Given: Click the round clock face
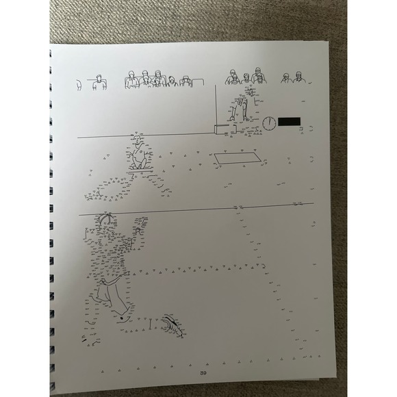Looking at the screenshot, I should [x=268, y=123].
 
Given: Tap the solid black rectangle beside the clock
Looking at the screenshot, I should [x=288, y=121].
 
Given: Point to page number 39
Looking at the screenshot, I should [x=203, y=372].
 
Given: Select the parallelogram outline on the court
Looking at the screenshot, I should [x=237, y=159].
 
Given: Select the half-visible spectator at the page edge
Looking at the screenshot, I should [x=78, y=85].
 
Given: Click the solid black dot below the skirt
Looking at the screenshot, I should [x=121, y=318].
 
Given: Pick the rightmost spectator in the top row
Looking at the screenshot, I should [x=299, y=79].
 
